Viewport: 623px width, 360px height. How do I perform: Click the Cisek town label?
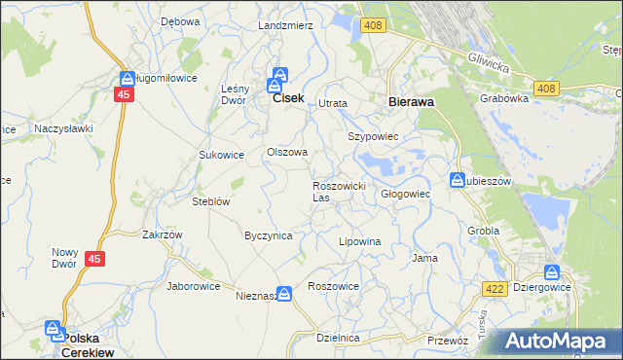(x=289, y=99)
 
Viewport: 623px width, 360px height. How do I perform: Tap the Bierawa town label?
(x=410, y=101)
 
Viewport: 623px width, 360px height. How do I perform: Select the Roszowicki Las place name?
(x=338, y=191)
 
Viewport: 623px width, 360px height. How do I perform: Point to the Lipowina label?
(x=358, y=240)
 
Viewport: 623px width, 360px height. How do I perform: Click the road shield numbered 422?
(x=493, y=289)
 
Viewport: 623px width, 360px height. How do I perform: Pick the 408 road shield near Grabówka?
(x=545, y=89)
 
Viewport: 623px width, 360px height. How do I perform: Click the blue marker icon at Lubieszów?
(x=458, y=180)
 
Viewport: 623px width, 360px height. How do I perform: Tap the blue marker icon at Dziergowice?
(x=552, y=273)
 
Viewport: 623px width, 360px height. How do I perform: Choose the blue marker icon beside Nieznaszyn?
(x=283, y=293)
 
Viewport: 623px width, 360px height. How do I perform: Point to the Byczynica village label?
(x=268, y=235)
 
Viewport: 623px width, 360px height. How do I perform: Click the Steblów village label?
(x=209, y=202)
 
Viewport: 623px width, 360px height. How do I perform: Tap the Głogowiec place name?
(x=405, y=194)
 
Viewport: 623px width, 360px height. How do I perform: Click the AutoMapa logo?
(x=559, y=342)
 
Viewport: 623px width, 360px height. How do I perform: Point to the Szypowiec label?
(x=374, y=137)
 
